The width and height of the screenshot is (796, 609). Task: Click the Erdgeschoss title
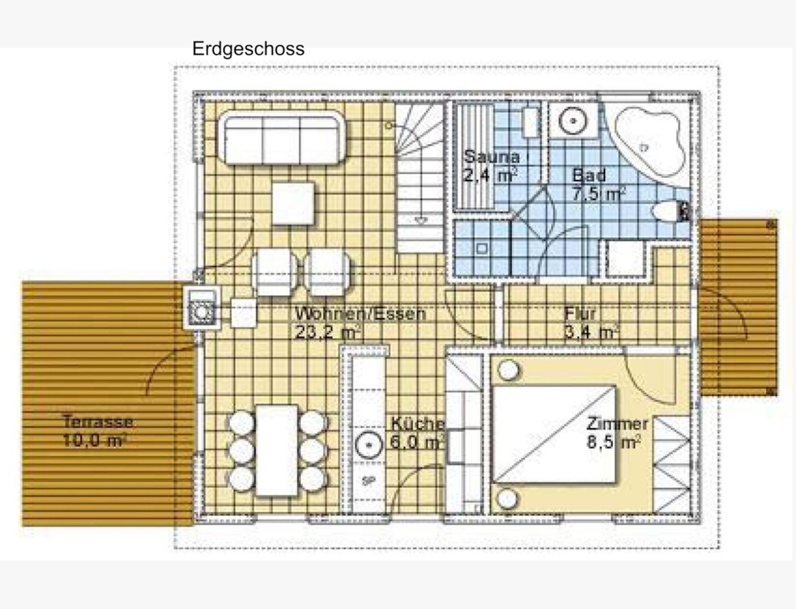pos(248,49)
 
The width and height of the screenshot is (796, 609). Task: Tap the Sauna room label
pos(492,157)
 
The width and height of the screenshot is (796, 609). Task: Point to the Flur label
pos(580,314)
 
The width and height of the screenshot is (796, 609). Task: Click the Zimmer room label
pos(617,424)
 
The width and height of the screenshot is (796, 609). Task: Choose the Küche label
pos(417,424)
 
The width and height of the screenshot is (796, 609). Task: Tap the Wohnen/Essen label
pos(361,314)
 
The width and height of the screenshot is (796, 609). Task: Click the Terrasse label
pos(98,422)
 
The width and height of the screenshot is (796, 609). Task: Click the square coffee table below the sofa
pos(293,203)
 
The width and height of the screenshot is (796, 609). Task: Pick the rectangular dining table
pos(277,450)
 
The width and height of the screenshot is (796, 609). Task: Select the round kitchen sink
pos(369,445)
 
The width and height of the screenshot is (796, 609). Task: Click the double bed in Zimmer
pos(554,434)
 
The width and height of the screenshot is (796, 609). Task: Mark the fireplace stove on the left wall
pos(201,308)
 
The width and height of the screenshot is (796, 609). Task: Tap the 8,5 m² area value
pos(614,442)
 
